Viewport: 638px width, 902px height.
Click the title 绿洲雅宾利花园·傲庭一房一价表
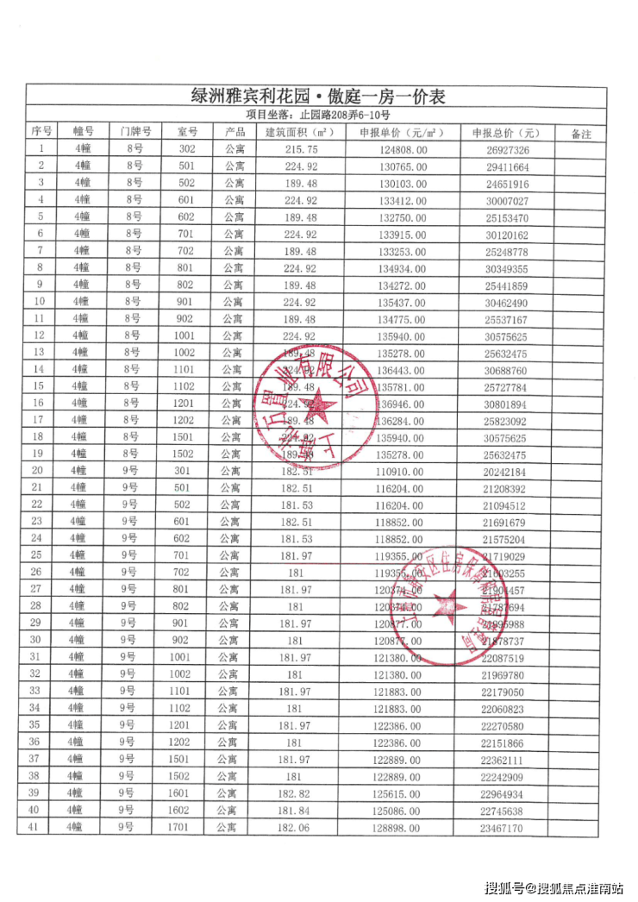click(318, 96)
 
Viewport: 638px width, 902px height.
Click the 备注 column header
click(582, 133)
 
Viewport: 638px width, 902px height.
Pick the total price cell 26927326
click(507, 149)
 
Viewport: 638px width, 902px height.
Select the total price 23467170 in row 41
click(507, 827)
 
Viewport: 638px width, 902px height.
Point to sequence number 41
click(35, 827)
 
